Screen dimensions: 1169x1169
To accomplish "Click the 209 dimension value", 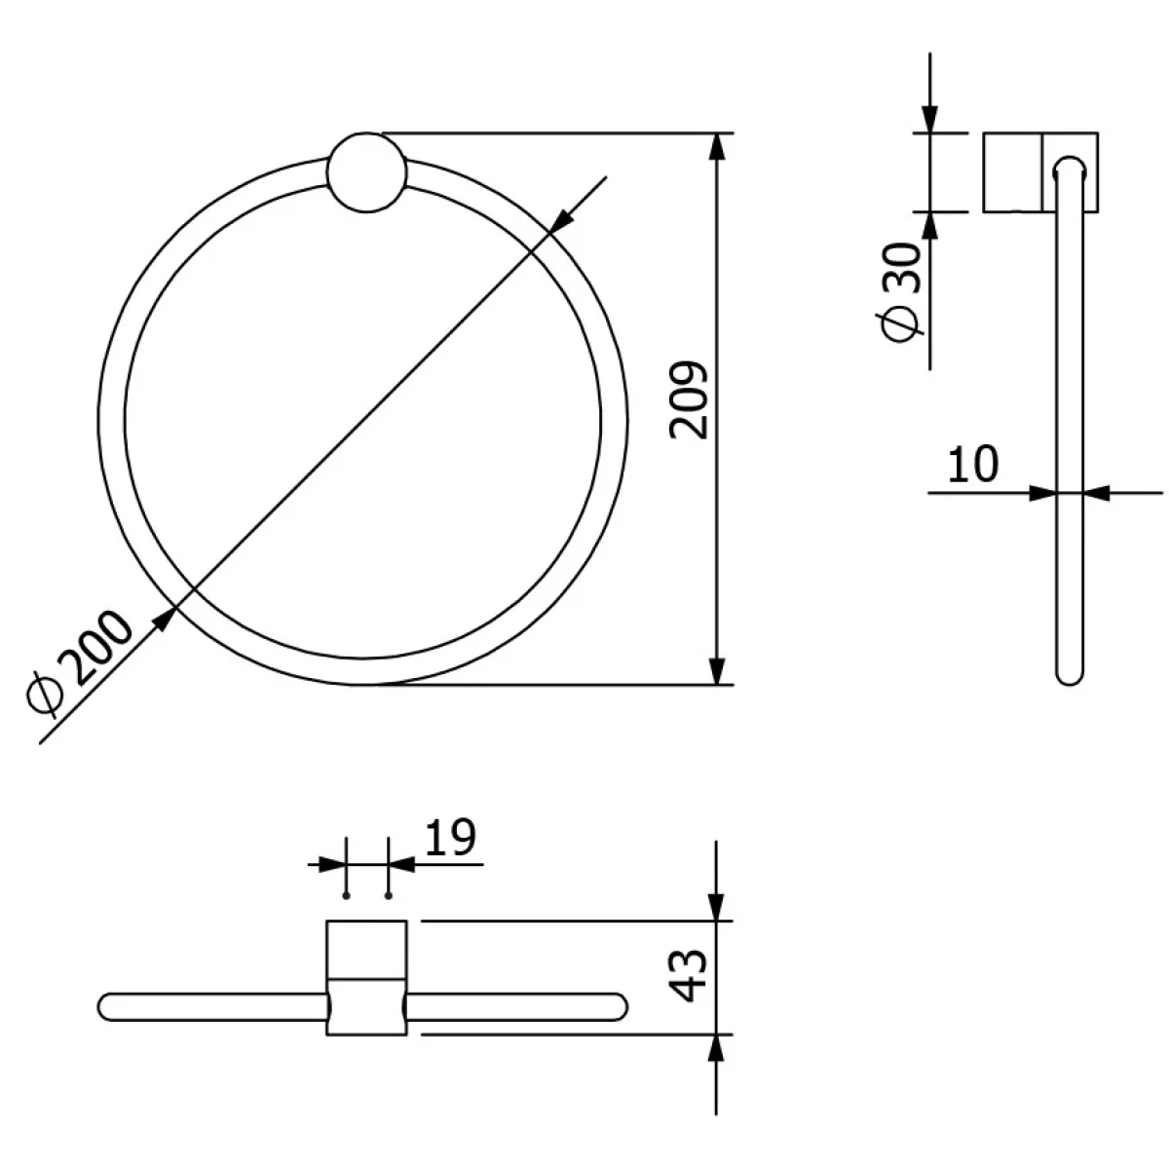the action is pyautogui.click(x=689, y=400).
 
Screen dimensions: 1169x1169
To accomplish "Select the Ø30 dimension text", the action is pyautogui.click(x=900, y=292).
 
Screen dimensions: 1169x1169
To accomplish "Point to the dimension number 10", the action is pyautogui.click(x=972, y=464).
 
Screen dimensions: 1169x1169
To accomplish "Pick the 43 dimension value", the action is pyautogui.click(x=689, y=976).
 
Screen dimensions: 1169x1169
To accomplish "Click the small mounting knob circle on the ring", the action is pyautogui.click(x=366, y=172).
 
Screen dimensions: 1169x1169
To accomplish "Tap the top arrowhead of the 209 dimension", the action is pyautogui.click(x=717, y=147).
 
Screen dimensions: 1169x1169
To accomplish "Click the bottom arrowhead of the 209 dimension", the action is pyautogui.click(x=717, y=670).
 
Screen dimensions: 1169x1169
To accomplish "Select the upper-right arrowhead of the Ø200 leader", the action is pyautogui.click(x=562, y=219).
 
